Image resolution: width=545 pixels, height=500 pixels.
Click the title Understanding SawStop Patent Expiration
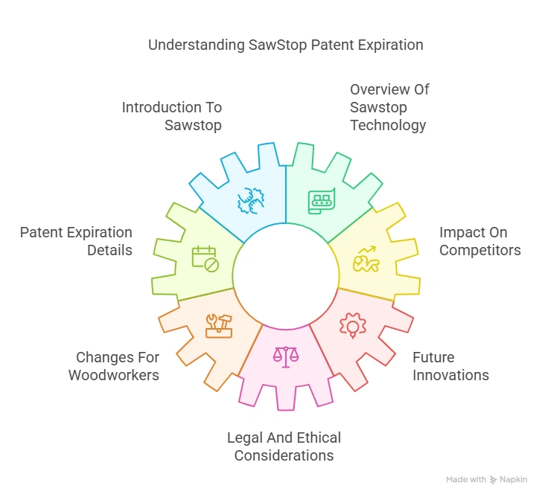[285, 45]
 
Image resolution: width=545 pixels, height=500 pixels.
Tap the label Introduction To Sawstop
[172, 116]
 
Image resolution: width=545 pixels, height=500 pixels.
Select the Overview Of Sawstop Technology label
[389, 107]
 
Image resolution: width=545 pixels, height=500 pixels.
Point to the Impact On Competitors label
[479, 241]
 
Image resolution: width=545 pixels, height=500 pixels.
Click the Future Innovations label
[450, 366]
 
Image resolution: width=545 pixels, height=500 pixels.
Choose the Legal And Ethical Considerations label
[284, 446]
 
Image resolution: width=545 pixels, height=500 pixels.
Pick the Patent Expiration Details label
[76, 241]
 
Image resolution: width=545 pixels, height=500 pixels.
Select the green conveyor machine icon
[322, 202]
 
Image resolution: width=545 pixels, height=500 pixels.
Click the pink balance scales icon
[283, 356]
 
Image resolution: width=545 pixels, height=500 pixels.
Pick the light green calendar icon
[205, 257]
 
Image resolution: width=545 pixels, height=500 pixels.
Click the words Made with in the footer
[466, 480]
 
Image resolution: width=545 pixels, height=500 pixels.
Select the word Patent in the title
[322, 45]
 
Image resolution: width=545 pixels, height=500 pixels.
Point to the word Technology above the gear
[388, 125]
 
